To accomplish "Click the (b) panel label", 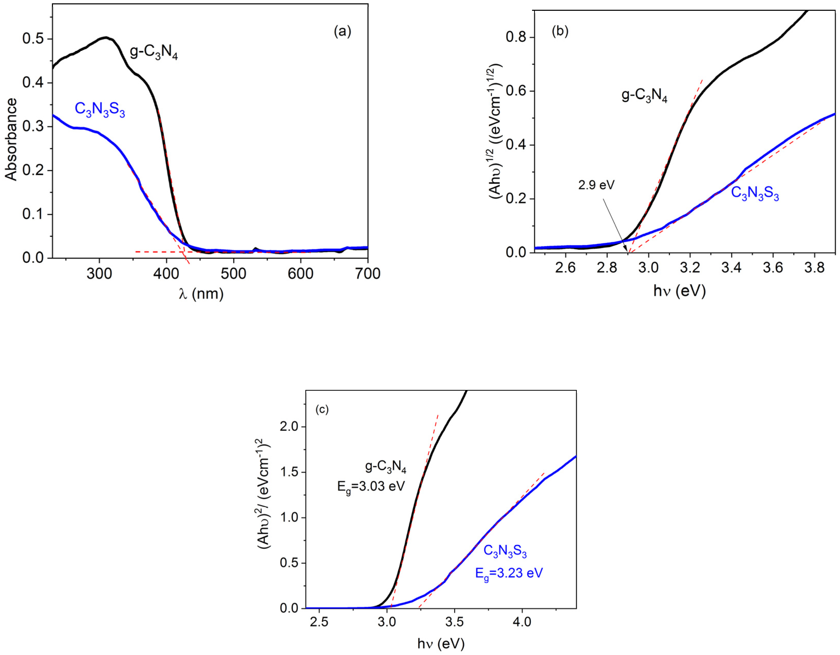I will [560, 31].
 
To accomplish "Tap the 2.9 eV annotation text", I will [596, 185].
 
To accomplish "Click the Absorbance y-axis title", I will [11, 139].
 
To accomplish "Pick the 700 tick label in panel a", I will [367, 274].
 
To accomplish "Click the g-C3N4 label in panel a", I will [154, 53].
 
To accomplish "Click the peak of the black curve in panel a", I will [106, 37].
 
